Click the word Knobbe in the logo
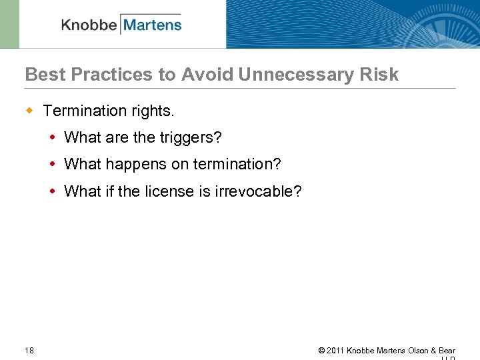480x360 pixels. pos(89,25)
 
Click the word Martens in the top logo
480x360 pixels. pos(153,25)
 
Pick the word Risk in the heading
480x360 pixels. pos(382,75)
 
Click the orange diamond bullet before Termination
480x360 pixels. pos(29,109)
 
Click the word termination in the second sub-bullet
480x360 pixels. pos(237,165)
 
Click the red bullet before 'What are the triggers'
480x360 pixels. pos(53,138)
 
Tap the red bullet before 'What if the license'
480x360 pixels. pos(53,192)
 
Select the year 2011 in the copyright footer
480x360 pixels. pos(335,351)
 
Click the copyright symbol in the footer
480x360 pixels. pos(321,351)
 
